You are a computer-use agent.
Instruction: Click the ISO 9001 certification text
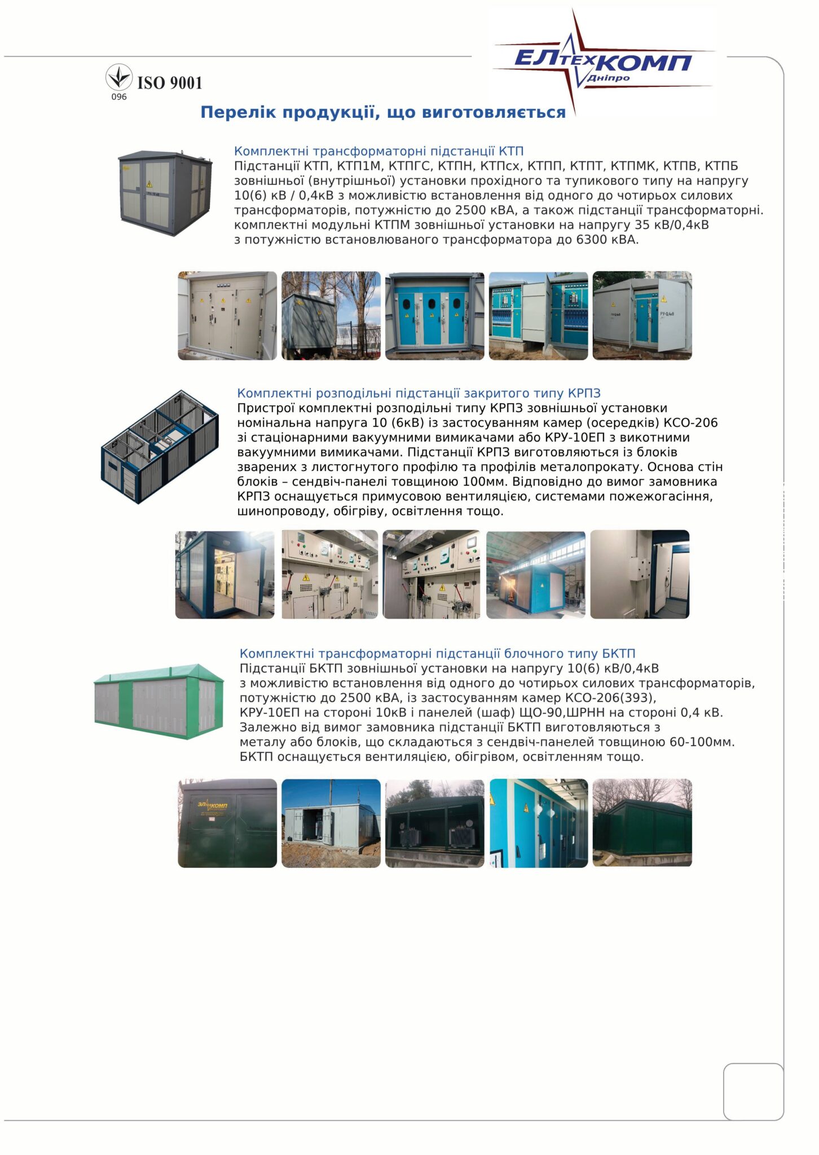pyautogui.click(x=169, y=83)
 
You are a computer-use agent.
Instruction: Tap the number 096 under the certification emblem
pyautogui.click(x=119, y=97)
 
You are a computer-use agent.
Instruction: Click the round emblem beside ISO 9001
pyautogui.click(x=119, y=77)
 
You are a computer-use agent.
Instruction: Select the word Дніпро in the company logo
pyautogui.click(x=608, y=78)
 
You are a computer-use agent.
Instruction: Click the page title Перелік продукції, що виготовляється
pyautogui.click(x=383, y=112)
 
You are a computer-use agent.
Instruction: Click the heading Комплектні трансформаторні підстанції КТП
pyautogui.click(x=378, y=151)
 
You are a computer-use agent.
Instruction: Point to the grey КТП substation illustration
pyautogui.click(x=165, y=192)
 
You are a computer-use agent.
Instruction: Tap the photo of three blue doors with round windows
pyautogui.click(x=434, y=316)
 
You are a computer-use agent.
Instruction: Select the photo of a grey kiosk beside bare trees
pyautogui.click(x=331, y=316)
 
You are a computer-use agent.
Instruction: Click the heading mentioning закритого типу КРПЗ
pyautogui.click(x=419, y=393)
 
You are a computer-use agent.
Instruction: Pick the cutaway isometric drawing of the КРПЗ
pyautogui.click(x=160, y=447)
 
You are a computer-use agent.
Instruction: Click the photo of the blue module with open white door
pyautogui.click(x=224, y=575)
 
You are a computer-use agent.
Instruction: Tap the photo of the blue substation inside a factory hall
pyautogui.click(x=536, y=575)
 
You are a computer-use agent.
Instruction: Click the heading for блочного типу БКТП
pyautogui.click(x=437, y=654)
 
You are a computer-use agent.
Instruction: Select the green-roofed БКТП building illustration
pyautogui.click(x=158, y=701)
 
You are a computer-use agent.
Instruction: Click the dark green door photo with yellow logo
pyautogui.click(x=227, y=823)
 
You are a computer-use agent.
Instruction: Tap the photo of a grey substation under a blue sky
pyautogui.click(x=331, y=823)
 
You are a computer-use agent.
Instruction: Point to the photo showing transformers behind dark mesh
pyautogui.click(x=434, y=823)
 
